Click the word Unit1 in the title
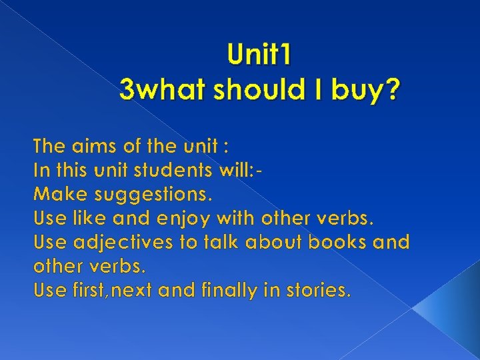pos(259,55)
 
